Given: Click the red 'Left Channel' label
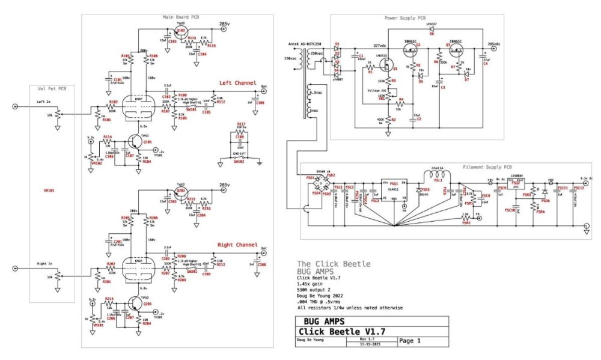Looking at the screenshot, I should coord(237,83).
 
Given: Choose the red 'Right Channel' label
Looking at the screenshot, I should coord(238,245).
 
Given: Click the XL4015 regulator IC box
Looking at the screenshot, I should coord(394,191).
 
